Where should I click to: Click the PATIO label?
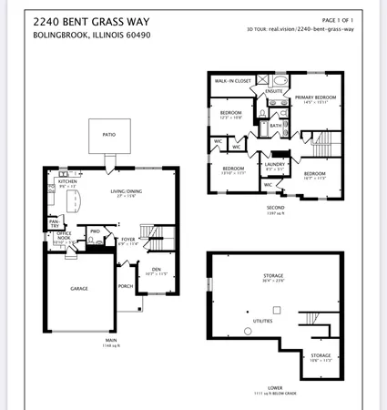[108, 134]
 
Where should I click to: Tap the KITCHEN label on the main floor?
[66, 181]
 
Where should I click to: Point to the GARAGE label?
[79, 288]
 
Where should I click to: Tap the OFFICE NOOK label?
[65, 235]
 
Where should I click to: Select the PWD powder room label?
[95, 231]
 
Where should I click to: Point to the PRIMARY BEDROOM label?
[315, 97]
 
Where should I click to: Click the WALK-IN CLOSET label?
[232, 81]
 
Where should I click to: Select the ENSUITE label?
[274, 91]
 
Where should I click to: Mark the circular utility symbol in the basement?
[247, 330]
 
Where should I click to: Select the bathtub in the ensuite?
[280, 80]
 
